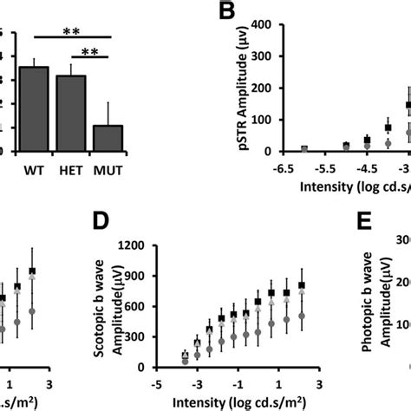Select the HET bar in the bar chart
pos(71,113)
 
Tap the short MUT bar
pos(108,138)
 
